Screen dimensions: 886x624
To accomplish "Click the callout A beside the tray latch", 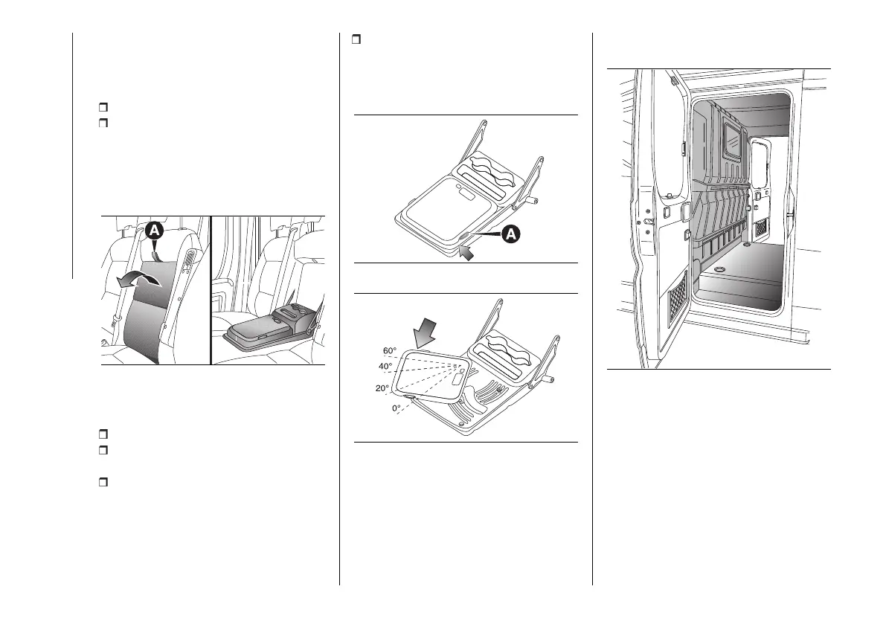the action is click(510, 234).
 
